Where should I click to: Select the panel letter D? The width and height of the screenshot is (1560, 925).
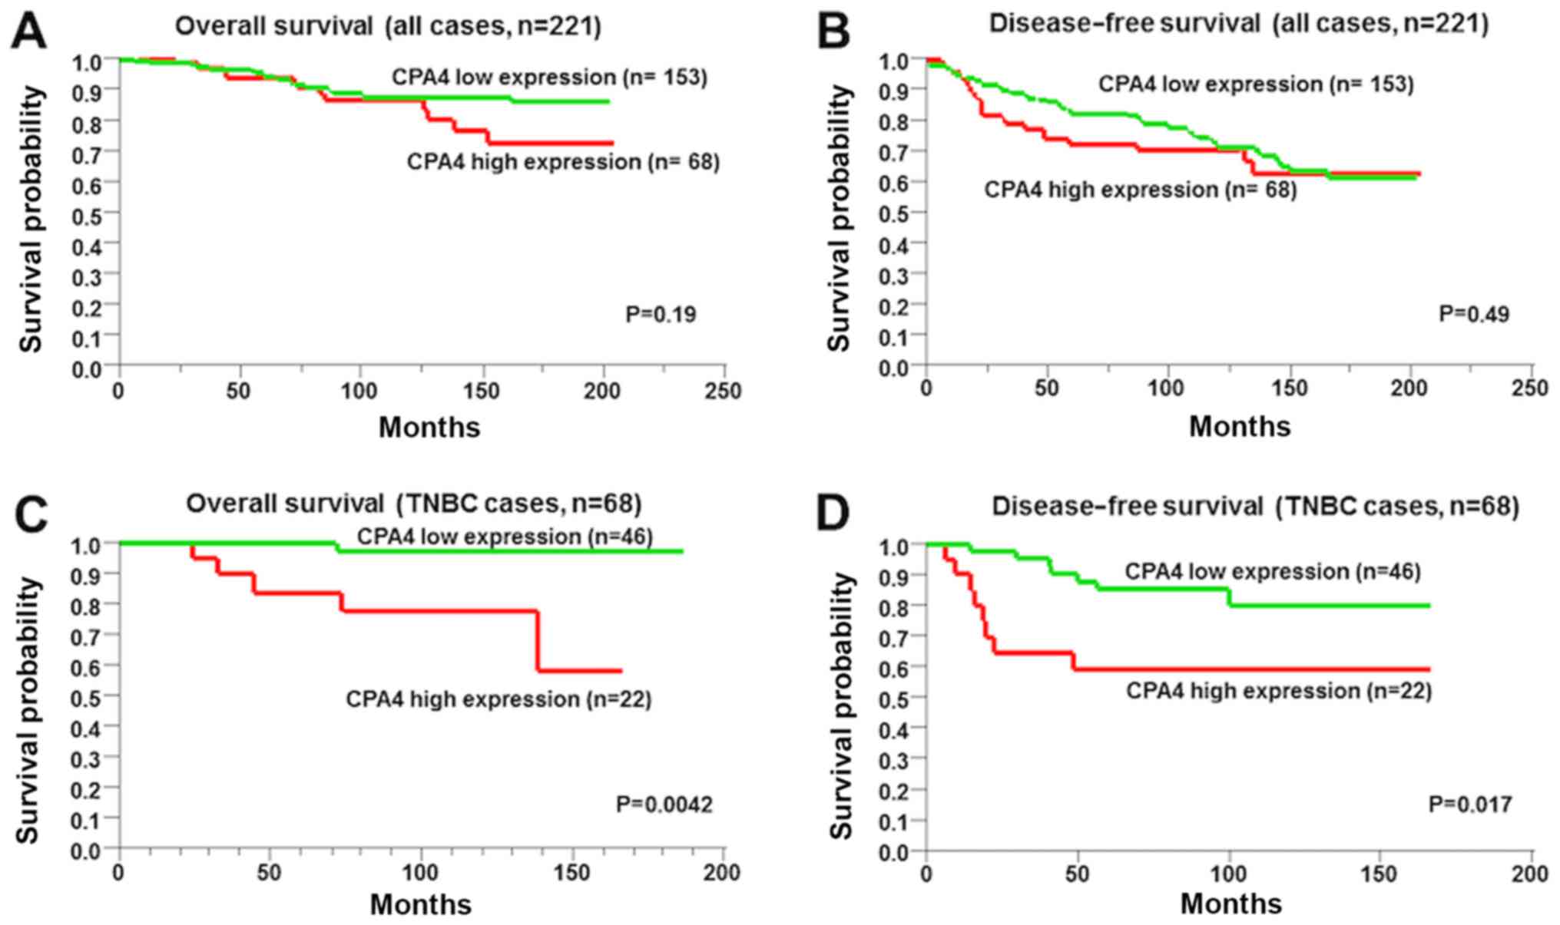tap(833, 513)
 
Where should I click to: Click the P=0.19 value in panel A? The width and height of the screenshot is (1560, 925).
tap(661, 315)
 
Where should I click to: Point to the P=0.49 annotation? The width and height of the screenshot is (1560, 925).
tap(1473, 314)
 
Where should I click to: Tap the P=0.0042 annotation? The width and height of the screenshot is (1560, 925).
tap(664, 804)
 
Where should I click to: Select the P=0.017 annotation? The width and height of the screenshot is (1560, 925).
tap(1470, 804)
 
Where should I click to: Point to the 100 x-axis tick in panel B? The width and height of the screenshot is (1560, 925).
tap(1166, 389)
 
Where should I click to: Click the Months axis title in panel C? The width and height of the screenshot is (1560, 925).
tap(421, 904)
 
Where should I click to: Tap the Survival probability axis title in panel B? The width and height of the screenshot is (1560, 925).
tap(840, 219)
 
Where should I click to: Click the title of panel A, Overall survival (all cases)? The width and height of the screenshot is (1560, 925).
tap(388, 27)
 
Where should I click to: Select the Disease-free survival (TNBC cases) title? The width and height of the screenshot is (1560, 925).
tap(1255, 507)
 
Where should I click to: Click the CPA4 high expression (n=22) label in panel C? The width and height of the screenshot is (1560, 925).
tap(498, 699)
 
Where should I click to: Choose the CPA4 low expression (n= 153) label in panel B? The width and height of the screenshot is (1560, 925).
tap(1256, 84)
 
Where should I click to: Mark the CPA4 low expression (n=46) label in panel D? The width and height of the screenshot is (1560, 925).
tap(1273, 571)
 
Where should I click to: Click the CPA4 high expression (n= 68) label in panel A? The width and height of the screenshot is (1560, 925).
tap(563, 162)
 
